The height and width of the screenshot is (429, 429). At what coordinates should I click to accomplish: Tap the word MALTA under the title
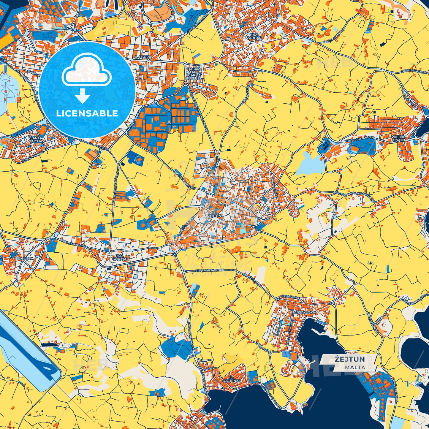(355, 367)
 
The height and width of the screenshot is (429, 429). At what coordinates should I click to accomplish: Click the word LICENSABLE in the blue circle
(87, 113)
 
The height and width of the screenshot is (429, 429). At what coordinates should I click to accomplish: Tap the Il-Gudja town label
(24, 259)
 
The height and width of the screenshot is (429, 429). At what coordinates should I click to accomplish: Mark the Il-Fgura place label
(143, 57)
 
